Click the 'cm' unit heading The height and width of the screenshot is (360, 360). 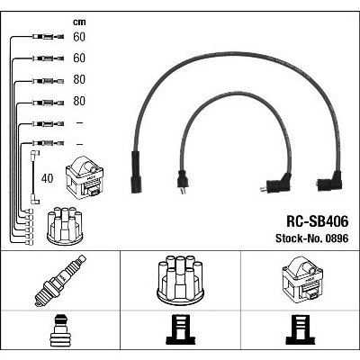click(79, 22)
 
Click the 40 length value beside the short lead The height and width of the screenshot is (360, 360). click(47, 178)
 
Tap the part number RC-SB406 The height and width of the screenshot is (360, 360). click(318, 222)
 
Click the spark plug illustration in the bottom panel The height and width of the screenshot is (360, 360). click(60, 281)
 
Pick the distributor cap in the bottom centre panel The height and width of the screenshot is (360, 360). click(180, 279)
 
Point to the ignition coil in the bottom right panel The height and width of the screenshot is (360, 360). click(302, 278)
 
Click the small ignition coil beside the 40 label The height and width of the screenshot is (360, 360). click(85, 178)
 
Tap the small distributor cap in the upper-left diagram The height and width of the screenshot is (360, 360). click(65, 225)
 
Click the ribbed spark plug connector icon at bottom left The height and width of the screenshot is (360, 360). click(60, 330)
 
